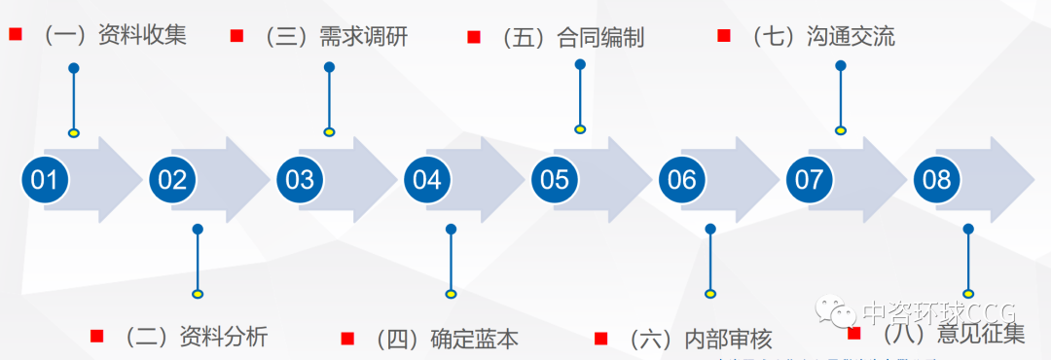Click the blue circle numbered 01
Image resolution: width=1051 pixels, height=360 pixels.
click(x=45, y=180)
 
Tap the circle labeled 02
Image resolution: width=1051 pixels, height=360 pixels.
click(x=172, y=180)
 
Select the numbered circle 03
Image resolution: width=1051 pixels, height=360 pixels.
click(x=300, y=180)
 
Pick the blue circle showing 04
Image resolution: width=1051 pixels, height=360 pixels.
click(x=427, y=180)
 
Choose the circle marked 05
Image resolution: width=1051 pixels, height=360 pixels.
click(x=555, y=180)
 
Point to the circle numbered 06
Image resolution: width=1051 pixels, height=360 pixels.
click(x=682, y=180)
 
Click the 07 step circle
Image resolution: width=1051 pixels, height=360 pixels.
click(x=810, y=180)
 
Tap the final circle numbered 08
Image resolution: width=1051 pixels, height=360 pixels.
click(x=937, y=180)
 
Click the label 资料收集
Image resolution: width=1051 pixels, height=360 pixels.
click(x=142, y=37)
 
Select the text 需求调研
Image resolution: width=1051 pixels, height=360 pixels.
click(x=363, y=38)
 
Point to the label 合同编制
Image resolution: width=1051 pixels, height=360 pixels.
click(x=600, y=39)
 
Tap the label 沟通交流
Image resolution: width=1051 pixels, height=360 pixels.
click(x=851, y=38)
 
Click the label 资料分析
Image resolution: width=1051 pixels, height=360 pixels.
click(x=224, y=337)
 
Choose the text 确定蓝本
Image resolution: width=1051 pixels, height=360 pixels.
click(x=475, y=339)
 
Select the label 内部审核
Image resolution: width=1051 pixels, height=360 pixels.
click(x=728, y=339)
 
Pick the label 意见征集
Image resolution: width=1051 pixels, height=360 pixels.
click(x=980, y=335)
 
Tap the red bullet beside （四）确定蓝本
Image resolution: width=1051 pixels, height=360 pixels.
click(x=347, y=339)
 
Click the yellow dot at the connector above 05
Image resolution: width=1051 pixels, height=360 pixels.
click(x=580, y=128)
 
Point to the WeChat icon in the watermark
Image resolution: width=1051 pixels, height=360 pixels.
click(x=836, y=312)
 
